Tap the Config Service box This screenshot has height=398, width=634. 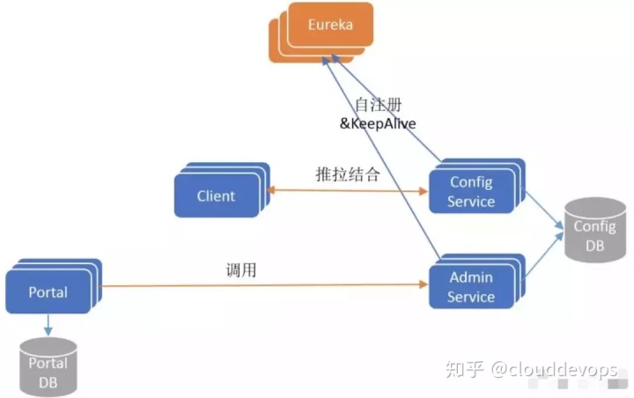coord(470,192)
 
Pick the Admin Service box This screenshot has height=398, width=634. coord(470,287)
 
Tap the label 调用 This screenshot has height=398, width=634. coord(241,271)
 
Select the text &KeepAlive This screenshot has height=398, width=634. coord(378,124)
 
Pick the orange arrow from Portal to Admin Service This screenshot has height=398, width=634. coord(264,285)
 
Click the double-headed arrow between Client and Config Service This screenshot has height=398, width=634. coord(348,189)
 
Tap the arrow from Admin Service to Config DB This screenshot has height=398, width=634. coord(544,260)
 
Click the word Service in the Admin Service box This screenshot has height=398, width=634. coord(470,297)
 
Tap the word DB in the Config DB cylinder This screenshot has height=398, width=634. coord(594,247)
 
